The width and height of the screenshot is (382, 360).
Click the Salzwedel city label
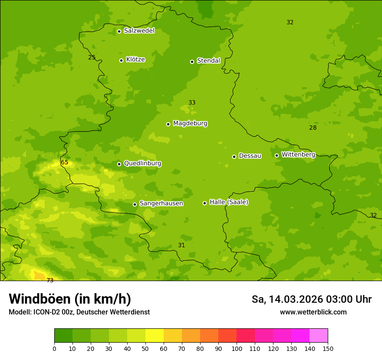click(139, 31)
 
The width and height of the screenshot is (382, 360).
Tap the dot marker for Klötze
click(121, 60)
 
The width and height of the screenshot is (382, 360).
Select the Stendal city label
click(208, 61)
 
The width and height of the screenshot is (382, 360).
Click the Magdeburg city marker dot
click(168, 124)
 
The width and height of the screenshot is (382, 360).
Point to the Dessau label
click(250, 156)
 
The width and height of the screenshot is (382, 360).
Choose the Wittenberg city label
click(298, 154)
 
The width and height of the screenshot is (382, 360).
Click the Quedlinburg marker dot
click(119, 164)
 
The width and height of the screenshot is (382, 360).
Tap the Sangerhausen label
click(161, 203)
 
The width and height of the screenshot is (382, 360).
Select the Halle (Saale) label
click(229, 202)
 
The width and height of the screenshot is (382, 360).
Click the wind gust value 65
click(65, 163)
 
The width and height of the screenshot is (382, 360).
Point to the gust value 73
click(50, 280)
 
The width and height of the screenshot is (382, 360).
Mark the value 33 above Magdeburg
click(192, 103)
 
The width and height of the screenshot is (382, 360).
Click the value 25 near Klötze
click(92, 57)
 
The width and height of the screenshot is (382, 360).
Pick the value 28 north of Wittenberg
click(313, 128)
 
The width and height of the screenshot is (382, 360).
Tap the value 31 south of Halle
click(181, 245)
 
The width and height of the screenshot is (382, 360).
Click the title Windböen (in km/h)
click(70, 299)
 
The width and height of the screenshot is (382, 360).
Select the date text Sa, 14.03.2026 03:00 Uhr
click(311, 299)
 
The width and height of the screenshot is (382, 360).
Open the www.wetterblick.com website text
click(313, 312)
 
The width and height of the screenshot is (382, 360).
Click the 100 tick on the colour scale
click(237, 348)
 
